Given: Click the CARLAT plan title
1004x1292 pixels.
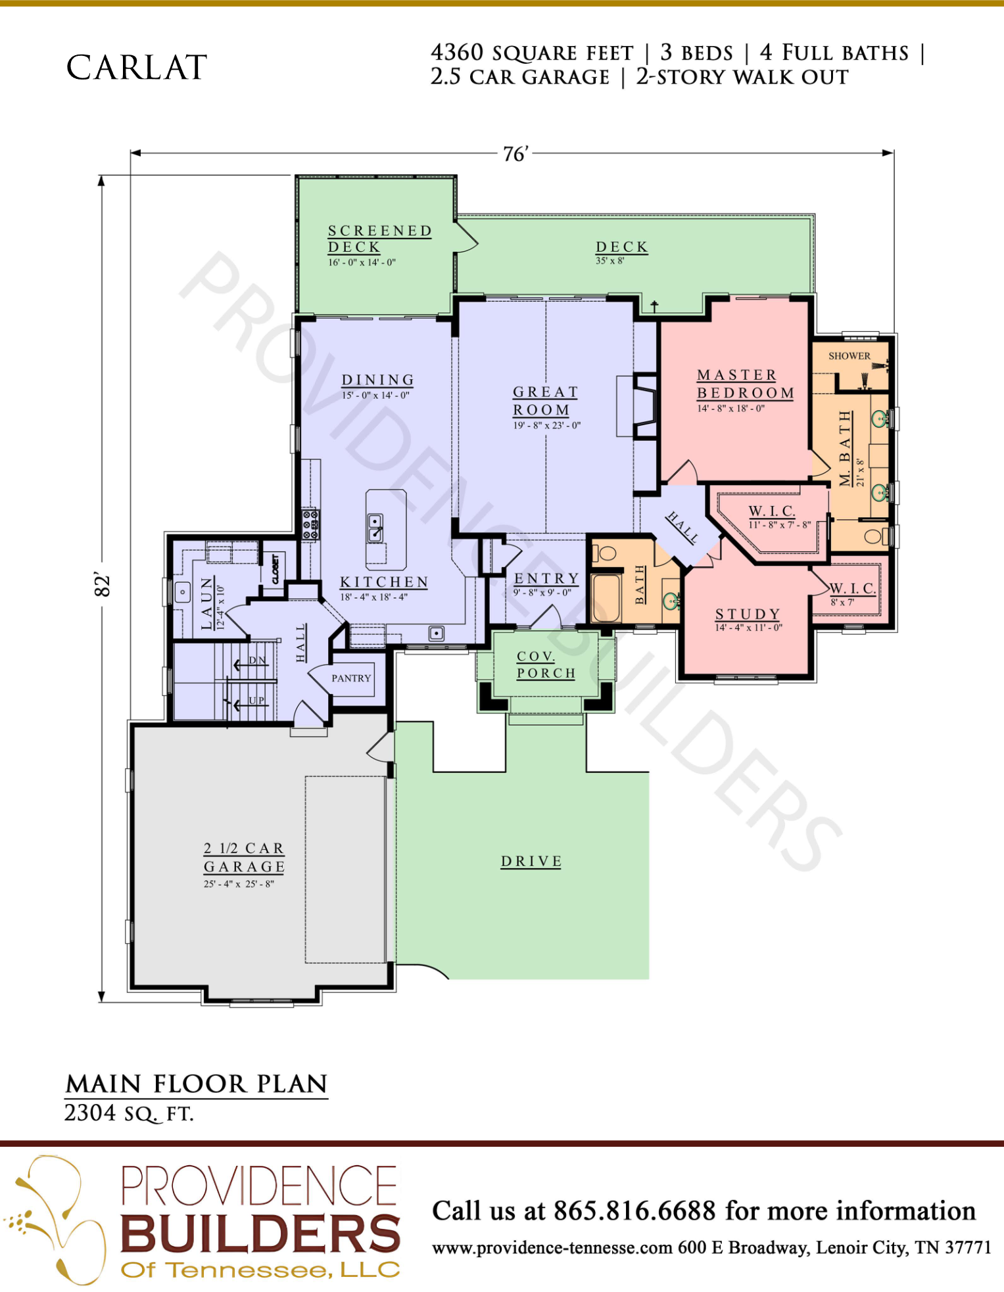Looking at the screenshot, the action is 137,68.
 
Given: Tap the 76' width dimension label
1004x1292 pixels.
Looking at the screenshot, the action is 515,154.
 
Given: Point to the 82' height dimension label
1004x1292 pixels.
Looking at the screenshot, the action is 102,584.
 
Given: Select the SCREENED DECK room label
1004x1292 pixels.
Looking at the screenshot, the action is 379,239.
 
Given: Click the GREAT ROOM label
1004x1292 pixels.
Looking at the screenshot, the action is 545,401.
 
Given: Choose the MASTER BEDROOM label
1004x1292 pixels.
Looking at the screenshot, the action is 746,384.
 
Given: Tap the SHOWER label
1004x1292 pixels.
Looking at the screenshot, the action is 849,356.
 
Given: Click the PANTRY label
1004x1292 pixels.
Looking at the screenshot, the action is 351,678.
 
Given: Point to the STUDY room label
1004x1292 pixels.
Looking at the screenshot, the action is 748,614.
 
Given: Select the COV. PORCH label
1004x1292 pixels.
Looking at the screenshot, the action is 546,664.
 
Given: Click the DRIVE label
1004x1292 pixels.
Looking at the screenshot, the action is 531,861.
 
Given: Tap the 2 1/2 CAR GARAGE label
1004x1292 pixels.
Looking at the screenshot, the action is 244,858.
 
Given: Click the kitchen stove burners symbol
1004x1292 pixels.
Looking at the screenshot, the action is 310,524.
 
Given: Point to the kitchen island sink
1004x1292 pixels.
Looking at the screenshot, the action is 375,527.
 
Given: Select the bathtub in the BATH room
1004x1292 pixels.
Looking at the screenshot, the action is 606,598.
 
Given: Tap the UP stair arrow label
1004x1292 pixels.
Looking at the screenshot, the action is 256,701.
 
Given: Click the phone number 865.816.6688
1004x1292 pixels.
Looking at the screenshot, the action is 634,1211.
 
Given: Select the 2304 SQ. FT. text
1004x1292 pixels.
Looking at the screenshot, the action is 129,1113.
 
